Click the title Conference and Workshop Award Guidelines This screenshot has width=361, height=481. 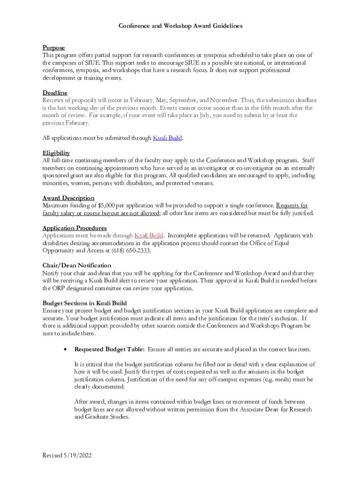[180, 26]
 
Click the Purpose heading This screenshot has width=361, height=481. [53, 48]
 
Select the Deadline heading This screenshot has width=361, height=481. [55, 93]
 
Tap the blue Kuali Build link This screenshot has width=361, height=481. [167, 138]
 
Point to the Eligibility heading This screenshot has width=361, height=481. [56, 153]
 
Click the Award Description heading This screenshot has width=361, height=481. [68, 198]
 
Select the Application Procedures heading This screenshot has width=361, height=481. [75, 228]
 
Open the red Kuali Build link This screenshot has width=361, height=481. [149, 235]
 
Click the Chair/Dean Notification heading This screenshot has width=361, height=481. [77, 265]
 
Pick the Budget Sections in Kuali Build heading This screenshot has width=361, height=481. [84, 303]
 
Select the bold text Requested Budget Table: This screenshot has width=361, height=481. [109, 349]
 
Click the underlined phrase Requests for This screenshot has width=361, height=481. [292, 206]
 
